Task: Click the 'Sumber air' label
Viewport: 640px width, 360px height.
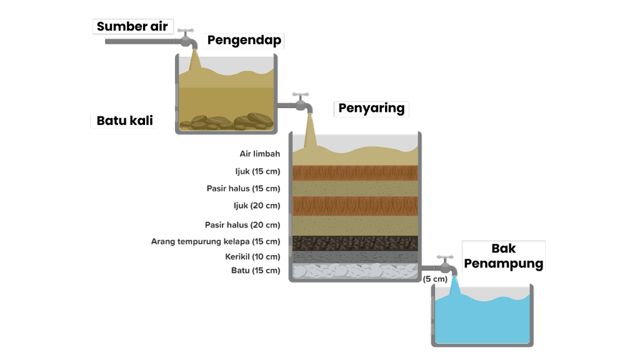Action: [x=131, y=27]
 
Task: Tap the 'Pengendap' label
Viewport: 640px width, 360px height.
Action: [x=244, y=41]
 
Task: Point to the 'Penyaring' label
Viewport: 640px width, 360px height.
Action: [x=371, y=108]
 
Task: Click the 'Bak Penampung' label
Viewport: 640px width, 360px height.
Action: [x=503, y=256]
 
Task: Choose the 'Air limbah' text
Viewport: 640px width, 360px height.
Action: [x=259, y=154]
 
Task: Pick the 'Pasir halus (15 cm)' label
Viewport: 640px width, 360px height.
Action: [x=243, y=188]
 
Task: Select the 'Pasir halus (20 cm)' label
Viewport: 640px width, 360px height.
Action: [x=242, y=225]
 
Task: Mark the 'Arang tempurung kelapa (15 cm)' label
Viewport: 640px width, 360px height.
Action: [x=216, y=241]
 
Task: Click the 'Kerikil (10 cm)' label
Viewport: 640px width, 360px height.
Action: [x=252, y=256]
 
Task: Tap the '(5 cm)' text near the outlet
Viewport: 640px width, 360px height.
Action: [x=435, y=279]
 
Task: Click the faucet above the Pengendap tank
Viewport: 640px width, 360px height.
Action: [x=186, y=39]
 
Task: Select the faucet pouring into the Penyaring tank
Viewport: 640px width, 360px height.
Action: [x=302, y=102]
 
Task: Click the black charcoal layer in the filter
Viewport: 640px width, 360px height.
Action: [x=354, y=242]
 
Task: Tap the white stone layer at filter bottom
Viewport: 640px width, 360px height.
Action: [x=354, y=271]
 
